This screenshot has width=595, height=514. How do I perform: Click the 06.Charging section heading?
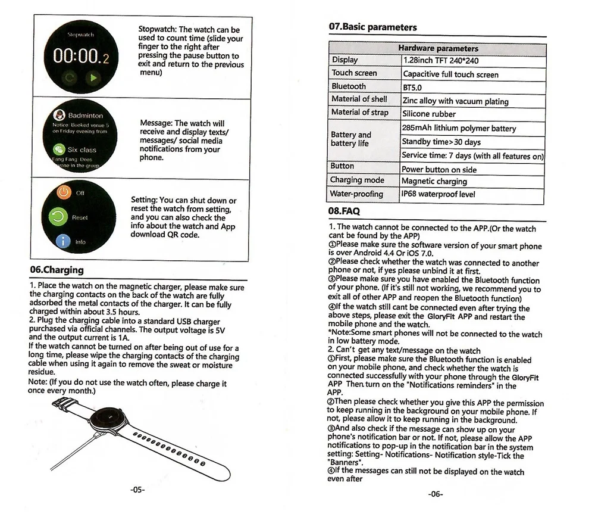57,270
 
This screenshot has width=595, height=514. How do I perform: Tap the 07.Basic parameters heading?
372,27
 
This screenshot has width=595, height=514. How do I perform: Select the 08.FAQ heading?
344,211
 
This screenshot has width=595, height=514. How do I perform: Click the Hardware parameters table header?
438,48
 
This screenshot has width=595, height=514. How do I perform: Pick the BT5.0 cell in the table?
412,88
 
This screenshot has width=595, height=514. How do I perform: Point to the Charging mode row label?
357,180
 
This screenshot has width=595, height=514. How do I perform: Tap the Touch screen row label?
354,73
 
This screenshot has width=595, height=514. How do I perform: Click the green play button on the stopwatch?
93,77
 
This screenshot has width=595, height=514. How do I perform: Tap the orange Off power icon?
63,193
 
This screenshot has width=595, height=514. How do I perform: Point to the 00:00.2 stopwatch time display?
81,58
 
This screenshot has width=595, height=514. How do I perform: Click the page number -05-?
137,490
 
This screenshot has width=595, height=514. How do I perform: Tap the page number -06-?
436,494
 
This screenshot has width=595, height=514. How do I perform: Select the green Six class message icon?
59,149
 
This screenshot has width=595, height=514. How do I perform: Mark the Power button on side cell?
439,169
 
